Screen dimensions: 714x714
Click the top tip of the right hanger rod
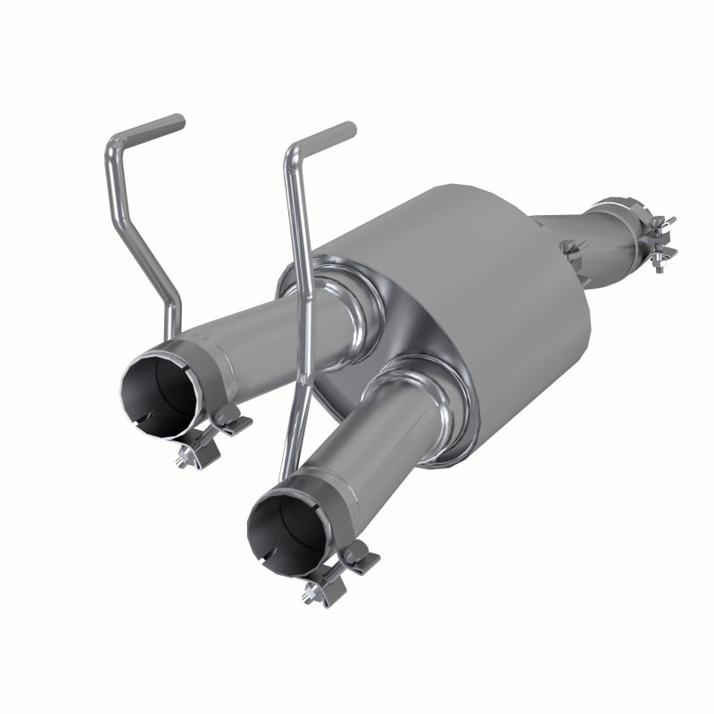coord(349,129)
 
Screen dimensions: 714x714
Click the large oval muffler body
coord(482,295)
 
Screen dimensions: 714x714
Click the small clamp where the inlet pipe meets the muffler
coord(569,248)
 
